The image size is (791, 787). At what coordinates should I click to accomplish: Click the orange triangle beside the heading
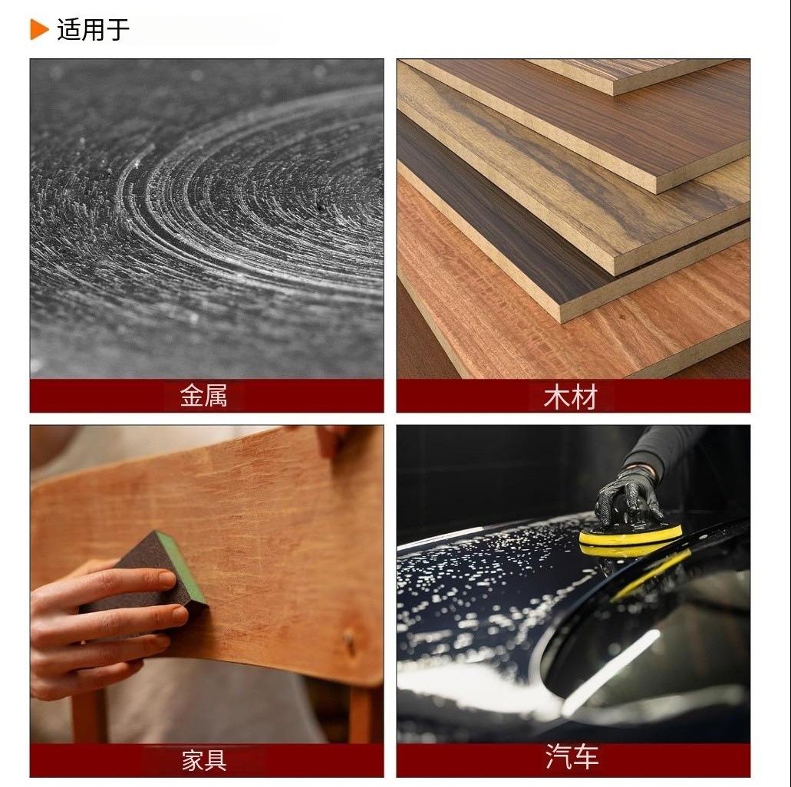pos(39,29)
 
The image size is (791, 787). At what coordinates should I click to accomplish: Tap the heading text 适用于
pos(94,29)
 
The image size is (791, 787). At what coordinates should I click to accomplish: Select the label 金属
pos(204,396)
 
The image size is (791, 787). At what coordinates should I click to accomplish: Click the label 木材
pos(571,396)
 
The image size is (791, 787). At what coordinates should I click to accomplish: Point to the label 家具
pos(204,760)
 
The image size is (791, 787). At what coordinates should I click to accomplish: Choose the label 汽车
pos(572,757)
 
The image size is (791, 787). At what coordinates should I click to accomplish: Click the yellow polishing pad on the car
pos(630,540)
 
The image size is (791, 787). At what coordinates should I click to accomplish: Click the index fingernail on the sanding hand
pos(166,578)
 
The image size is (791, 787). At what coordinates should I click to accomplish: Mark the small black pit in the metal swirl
pos(319,207)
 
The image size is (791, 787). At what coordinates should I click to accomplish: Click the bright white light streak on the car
pos(611,671)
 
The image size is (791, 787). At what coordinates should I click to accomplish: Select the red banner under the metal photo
pos(207,396)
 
